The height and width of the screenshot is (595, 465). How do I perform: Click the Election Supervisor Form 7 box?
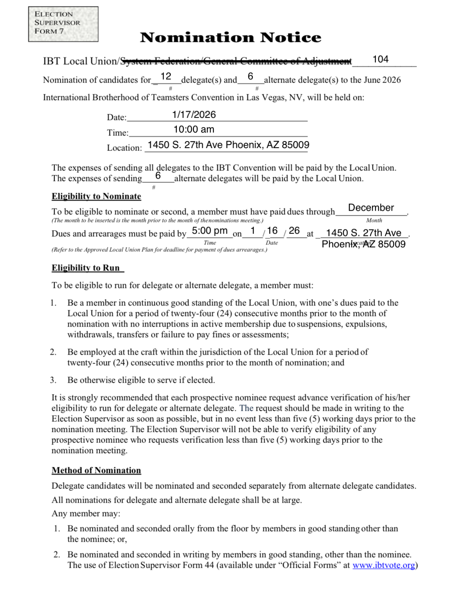(63, 24)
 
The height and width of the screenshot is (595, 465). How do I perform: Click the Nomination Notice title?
(230, 37)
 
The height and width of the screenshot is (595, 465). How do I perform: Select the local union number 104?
(380, 59)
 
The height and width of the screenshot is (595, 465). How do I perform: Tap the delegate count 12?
(166, 76)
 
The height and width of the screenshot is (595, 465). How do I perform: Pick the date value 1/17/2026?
(194, 115)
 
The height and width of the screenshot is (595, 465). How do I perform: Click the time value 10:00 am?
(194, 129)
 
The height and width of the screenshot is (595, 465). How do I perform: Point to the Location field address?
(228, 145)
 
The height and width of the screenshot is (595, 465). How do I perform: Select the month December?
(371, 208)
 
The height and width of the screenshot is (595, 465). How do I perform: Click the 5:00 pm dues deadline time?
(209, 231)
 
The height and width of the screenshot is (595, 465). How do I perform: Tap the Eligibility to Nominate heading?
(96, 196)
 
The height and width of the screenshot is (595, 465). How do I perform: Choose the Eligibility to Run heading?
(86, 268)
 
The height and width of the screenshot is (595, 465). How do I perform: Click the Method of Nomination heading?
(96, 471)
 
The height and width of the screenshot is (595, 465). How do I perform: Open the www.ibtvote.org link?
(384, 565)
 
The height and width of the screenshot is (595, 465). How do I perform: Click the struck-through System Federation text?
(236, 61)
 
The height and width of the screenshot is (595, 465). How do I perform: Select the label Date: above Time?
(116, 118)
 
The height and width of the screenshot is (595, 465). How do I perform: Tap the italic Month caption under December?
(374, 220)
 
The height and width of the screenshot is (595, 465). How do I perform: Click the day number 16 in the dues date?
(272, 231)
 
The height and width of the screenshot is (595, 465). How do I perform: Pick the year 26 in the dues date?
(294, 231)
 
